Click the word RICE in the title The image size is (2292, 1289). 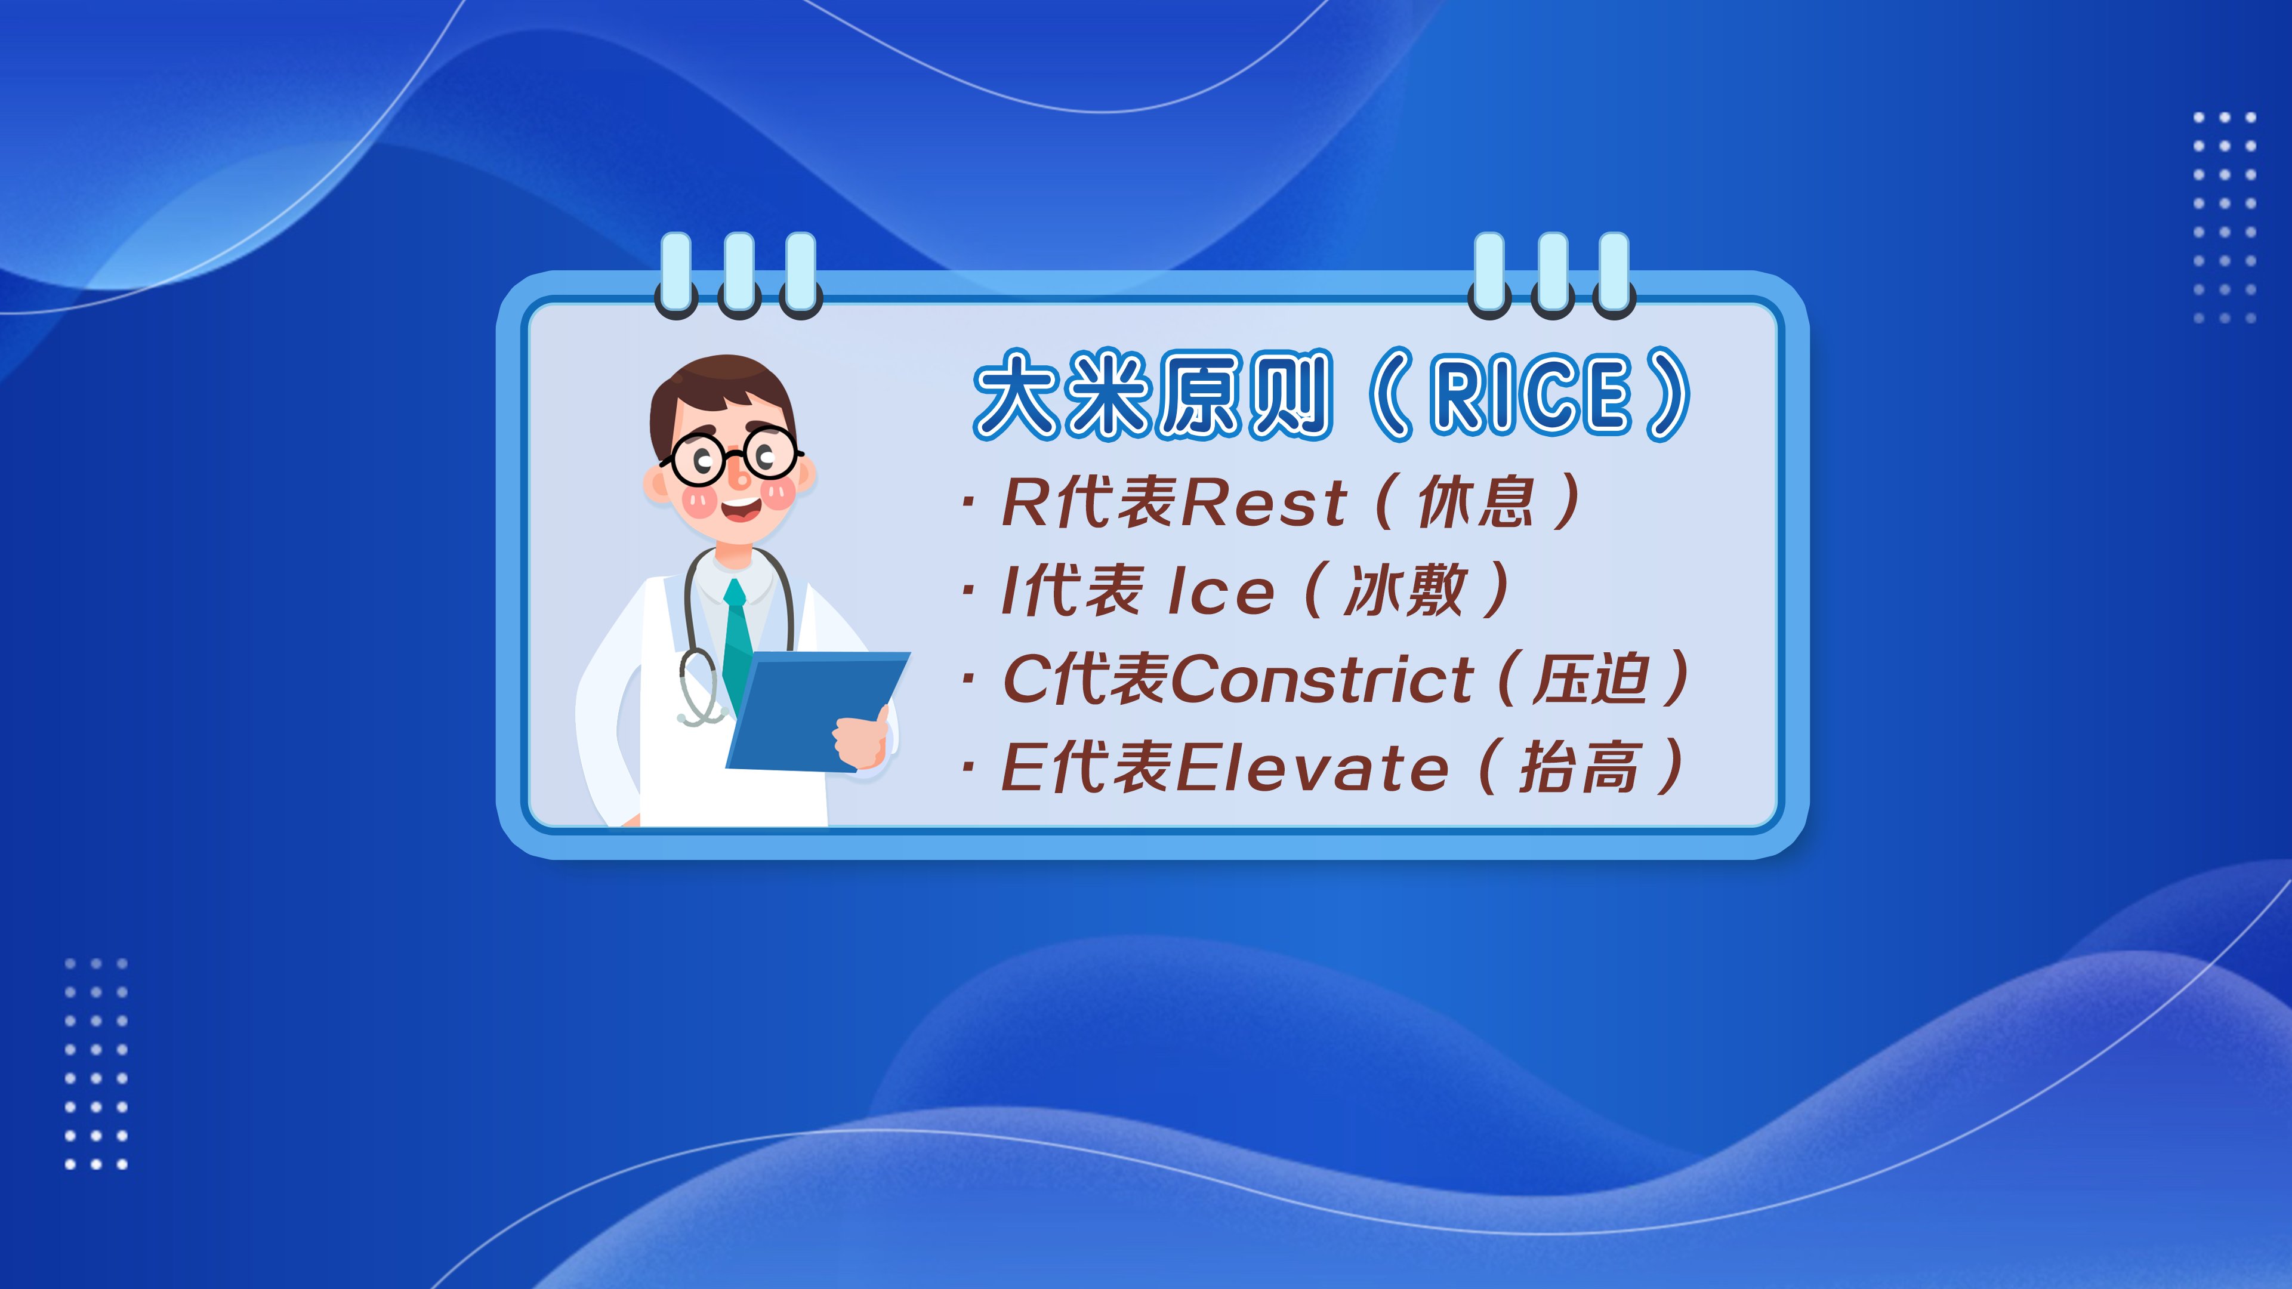(1531, 394)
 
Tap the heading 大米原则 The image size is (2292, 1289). (1153, 394)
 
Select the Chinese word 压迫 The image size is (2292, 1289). (1591, 679)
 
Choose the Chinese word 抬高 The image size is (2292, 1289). (1580, 767)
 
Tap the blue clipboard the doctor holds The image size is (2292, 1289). (817, 712)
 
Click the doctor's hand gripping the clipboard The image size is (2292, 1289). (861, 738)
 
